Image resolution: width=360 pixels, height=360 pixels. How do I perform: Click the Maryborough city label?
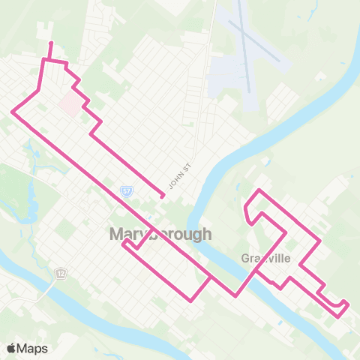pos(160,234)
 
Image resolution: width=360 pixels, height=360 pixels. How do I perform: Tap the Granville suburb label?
pos(265,258)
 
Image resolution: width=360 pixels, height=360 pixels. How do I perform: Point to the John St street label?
pos(176,180)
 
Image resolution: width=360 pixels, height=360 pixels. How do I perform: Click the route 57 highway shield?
pos(127,192)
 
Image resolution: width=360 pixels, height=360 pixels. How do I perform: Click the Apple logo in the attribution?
pos(11,348)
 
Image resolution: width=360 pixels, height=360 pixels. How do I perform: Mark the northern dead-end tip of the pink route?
pos(50,43)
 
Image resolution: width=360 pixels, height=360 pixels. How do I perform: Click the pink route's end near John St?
pos(163,196)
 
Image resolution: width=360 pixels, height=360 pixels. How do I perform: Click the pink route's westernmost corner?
pos(12,112)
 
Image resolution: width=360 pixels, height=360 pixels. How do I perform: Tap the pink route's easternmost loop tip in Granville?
pos(348,303)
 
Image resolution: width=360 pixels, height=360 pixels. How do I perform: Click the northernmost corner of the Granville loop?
pos(259,190)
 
